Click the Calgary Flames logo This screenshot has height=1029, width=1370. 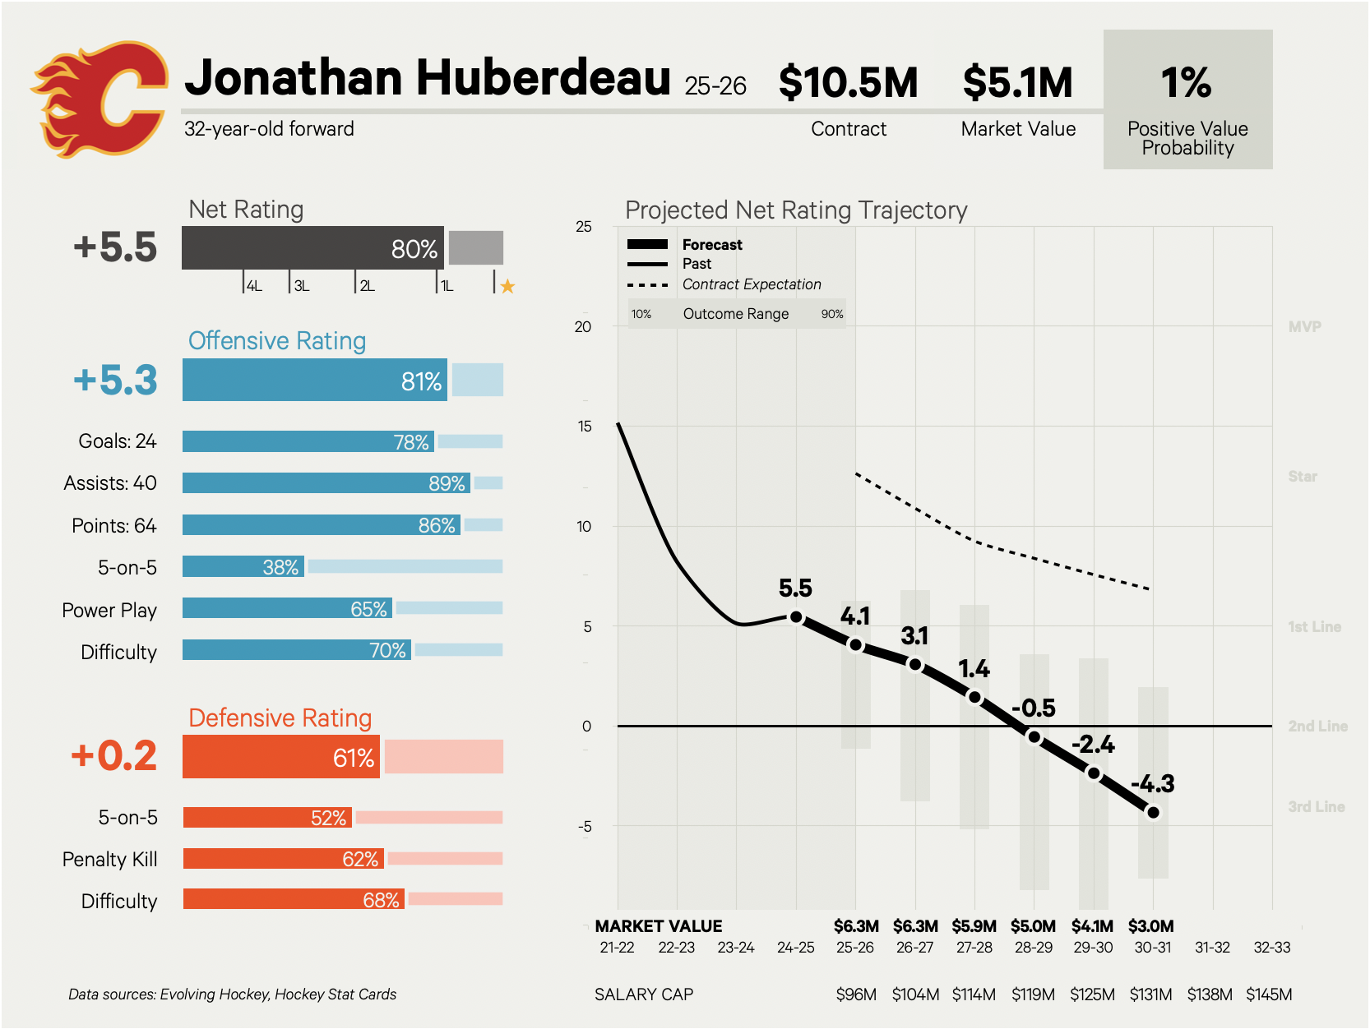point(99,99)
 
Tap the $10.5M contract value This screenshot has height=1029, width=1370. point(848,82)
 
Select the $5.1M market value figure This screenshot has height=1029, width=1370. point(1017,82)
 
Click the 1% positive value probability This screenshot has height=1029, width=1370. point(1186,82)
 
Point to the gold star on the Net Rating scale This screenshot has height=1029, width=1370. point(507,286)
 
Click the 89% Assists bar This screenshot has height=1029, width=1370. point(326,483)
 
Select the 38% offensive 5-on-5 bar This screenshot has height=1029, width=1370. point(243,567)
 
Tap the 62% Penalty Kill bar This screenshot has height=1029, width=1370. point(283,859)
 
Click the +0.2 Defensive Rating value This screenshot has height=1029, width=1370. point(114,755)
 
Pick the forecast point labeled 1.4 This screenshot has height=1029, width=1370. point(974,697)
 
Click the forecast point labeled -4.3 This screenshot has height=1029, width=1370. point(1153,812)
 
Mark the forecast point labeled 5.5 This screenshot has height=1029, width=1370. point(796,616)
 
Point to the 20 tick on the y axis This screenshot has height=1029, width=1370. point(583,327)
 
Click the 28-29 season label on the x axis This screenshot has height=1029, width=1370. point(1034,948)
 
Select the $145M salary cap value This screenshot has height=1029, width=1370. point(1269,994)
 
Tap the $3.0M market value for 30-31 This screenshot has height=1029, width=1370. point(1150,926)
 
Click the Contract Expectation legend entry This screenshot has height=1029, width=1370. point(751,284)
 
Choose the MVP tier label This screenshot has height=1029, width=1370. point(1304,327)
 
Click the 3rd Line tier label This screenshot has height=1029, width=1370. point(1316,807)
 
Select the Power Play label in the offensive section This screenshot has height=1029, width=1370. point(109,610)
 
